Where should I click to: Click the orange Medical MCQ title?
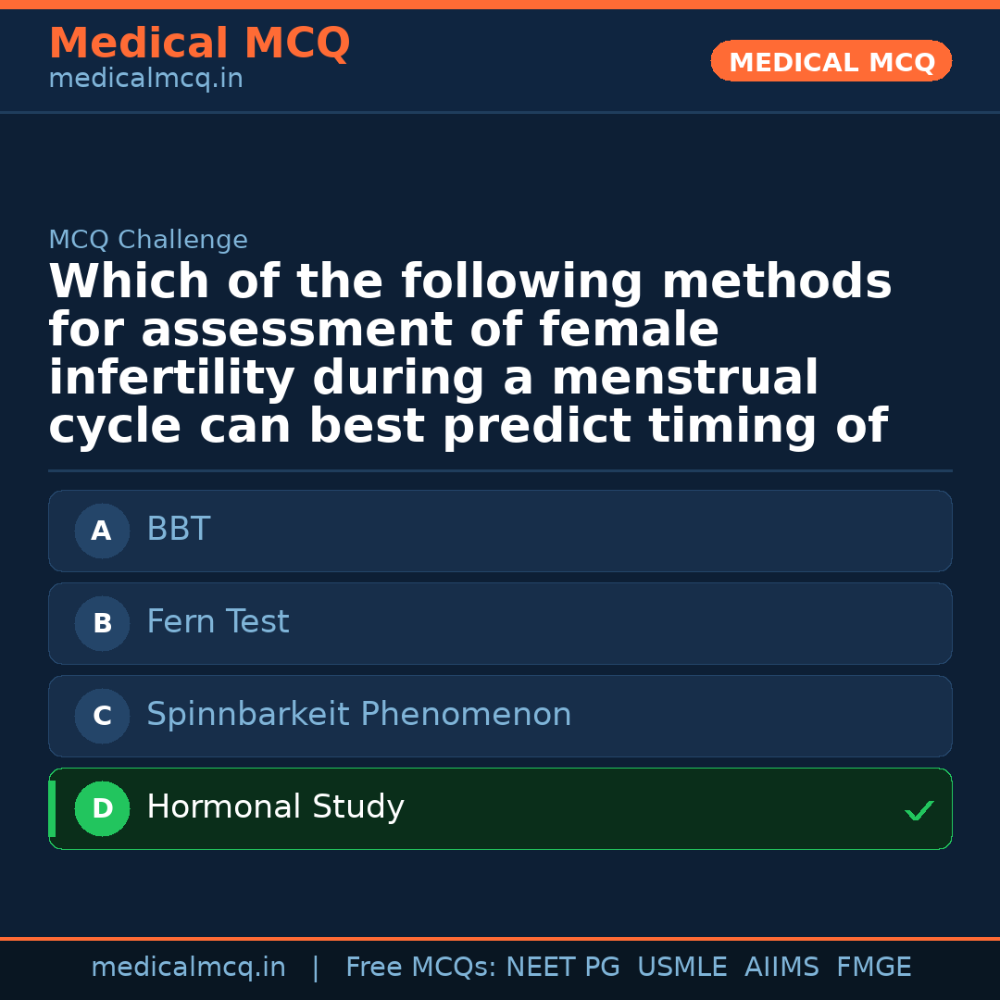[x=199, y=44]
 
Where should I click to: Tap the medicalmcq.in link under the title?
[x=145, y=80]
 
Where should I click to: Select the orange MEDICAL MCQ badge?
[x=831, y=62]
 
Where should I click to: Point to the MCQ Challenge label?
[x=148, y=241]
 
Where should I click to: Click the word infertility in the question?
[x=171, y=379]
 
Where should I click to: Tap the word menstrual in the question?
[x=684, y=379]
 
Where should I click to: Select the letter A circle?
[x=102, y=531]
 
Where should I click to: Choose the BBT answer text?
[x=179, y=530]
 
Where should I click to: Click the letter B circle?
[x=102, y=624]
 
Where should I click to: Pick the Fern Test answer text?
[x=218, y=622]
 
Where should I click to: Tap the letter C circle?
[x=102, y=717]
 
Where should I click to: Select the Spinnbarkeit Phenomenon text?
[x=359, y=715]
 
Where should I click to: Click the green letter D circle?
[x=102, y=809]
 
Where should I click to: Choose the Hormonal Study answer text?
[x=275, y=807]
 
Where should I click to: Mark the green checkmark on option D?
[x=919, y=811]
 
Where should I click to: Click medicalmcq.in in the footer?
[x=188, y=968]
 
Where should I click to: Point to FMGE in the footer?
[x=874, y=968]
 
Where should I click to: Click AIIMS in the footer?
[x=781, y=968]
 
